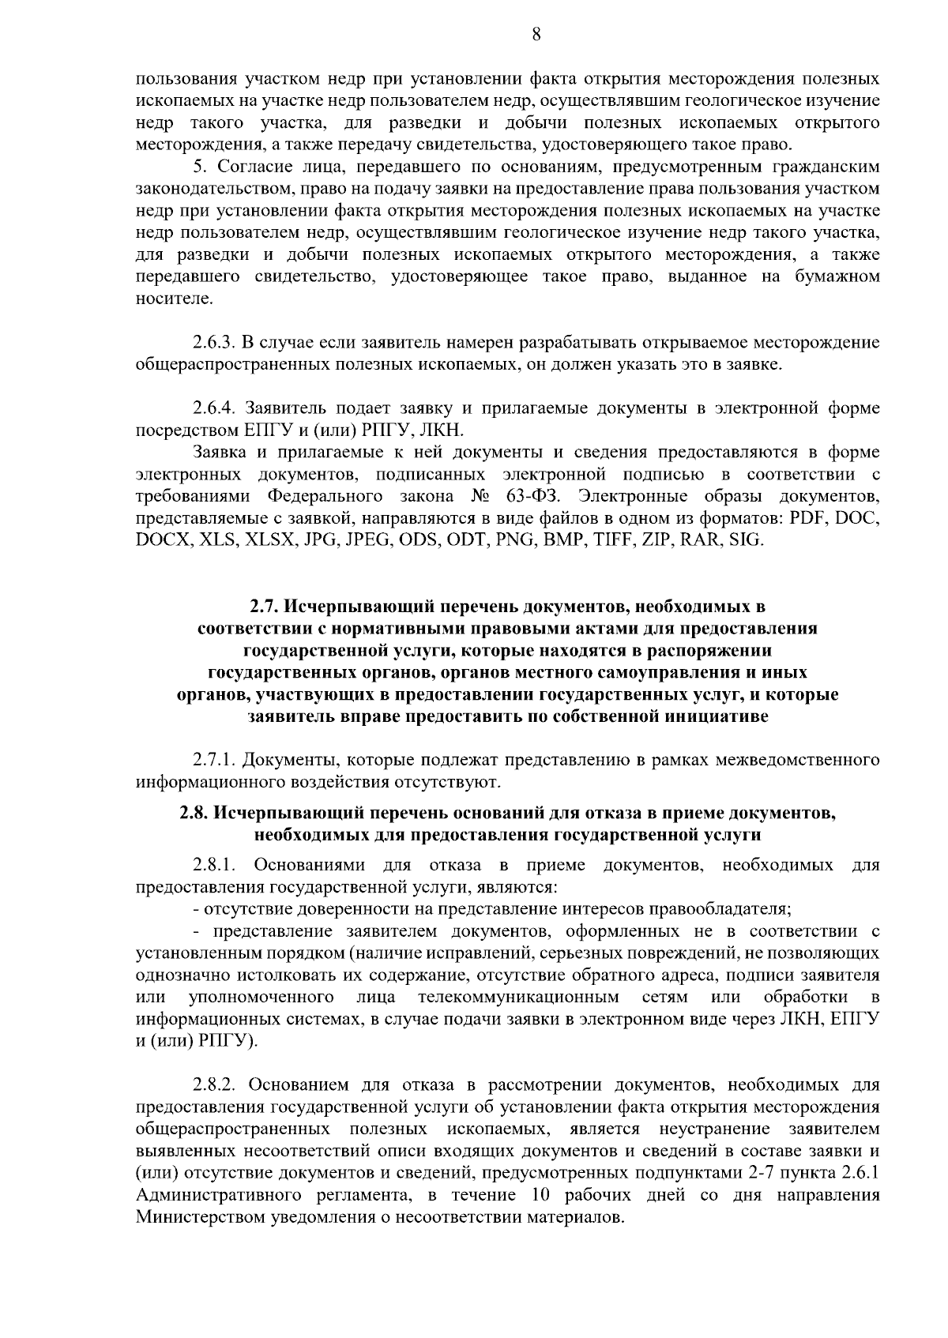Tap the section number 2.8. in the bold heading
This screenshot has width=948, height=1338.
(194, 812)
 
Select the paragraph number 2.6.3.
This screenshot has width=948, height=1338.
(213, 344)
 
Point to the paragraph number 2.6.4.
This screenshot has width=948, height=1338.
(213, 408)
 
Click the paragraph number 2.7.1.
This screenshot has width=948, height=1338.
(213, 761)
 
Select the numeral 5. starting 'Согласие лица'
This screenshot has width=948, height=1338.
(200, 167)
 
